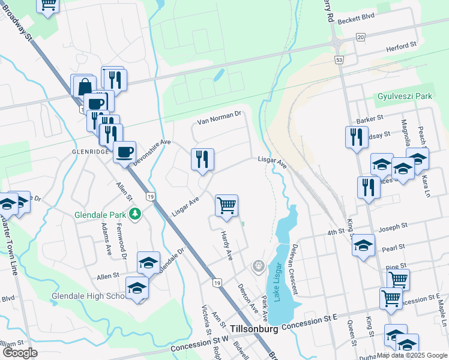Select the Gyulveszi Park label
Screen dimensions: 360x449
[405, 96]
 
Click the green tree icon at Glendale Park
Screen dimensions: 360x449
[136, 214]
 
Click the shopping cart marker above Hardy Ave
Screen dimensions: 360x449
[227, 205]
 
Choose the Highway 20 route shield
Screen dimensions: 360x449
[360, 37]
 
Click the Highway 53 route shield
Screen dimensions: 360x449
[339, 60]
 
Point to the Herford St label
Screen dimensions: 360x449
[401, 46]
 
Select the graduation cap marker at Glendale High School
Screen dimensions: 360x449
[137, 288]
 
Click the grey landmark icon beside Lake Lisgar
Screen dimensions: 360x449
[258, 265]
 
